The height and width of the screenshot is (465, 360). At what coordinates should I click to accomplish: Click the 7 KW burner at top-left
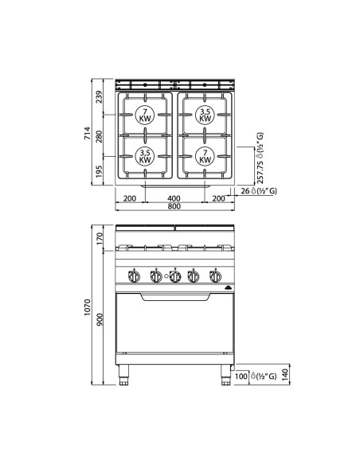pos(144,115)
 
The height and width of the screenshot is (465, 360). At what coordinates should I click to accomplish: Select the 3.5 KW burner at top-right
pos(205,115)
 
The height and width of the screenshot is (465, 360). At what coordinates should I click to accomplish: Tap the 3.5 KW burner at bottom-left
pos(144,156)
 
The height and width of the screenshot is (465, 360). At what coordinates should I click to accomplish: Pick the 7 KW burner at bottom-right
pos(205,156)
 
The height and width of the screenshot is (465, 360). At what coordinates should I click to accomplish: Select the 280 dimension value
pos(100,136)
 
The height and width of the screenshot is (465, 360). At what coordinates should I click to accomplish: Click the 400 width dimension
pos(174,198)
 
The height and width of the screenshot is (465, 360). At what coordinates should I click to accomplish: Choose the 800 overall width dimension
pos(174,207)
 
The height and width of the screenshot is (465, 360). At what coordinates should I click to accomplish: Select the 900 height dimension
pos(100,318)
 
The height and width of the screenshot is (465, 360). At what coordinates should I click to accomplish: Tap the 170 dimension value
pos(100,237)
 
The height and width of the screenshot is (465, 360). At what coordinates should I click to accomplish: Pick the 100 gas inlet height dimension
pos(242,374)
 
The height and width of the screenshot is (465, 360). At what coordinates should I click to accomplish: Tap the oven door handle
pos(174,297)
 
